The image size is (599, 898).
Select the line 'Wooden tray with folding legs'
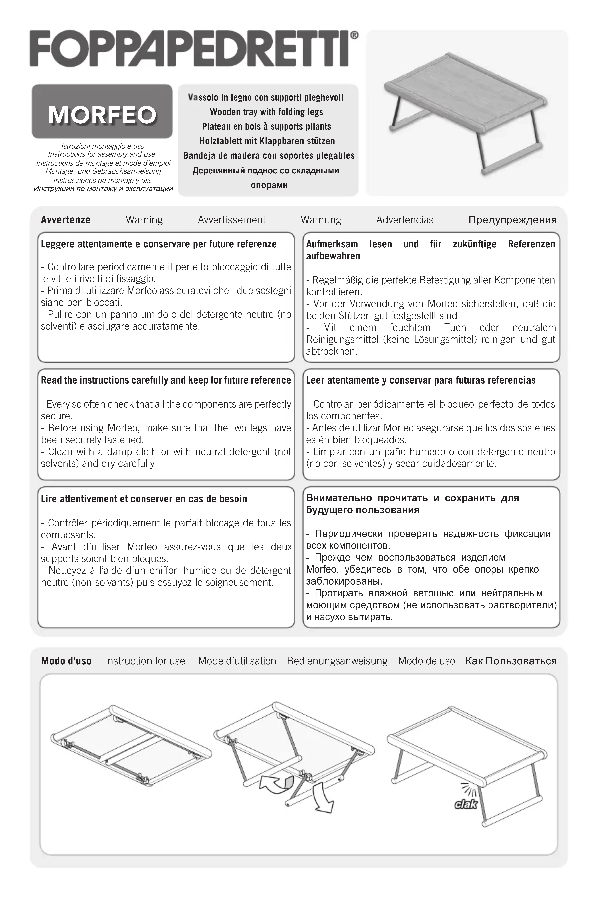pyautogui.click(x=266, y=112)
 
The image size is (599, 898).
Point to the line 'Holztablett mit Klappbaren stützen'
pyautogui.click(x=267, y=141)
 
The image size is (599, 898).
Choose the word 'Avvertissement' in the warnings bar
pyautogui.click(x=231, y=220)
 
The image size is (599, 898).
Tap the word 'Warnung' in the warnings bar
pyautogui.click(x=321, y=220)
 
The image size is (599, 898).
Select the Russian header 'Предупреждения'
pyautogui.click(x=512, y=220)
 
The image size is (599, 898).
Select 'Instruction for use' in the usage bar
pyautogui.click(x=145, y=661)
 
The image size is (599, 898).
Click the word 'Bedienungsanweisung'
pyautogui.click(x=337, y=661)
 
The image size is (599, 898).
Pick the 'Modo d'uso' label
pyautogui.click(x=66, y=661)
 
